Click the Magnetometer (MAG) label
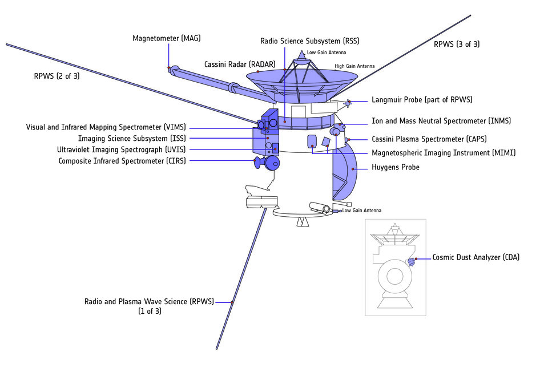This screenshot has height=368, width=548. (166, 39)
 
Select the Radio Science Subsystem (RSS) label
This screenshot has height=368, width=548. (309, 41)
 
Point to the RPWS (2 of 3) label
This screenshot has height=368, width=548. (57, 75)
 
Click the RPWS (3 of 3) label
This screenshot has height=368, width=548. (457, 44)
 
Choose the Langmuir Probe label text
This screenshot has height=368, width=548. (422, 100)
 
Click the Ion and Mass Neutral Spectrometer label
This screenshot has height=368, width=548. (441, 121)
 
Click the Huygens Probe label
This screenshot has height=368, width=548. (395, 168)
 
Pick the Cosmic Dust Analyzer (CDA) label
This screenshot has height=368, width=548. (476, 258)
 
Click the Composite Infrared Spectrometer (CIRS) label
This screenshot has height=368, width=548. (122, 161)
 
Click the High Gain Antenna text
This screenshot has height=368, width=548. (354, 66)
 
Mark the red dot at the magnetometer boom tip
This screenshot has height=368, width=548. (169, 69)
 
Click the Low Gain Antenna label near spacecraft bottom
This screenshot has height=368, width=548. (361, 211)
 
